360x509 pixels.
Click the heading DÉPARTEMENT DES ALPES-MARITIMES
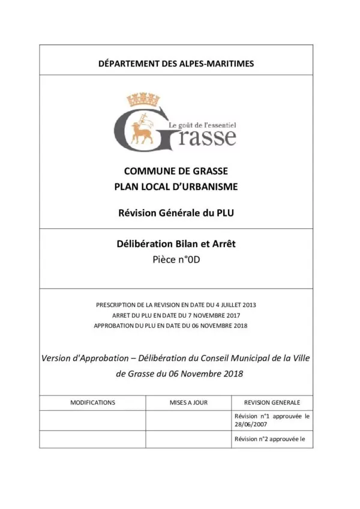(176, 62)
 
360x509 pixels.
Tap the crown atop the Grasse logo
(141, 100)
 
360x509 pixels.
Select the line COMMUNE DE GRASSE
(176, 171)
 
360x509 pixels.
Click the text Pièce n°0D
(176, 260)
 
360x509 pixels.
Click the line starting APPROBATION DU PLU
(170, 326)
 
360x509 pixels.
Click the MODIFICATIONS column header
(92, 402)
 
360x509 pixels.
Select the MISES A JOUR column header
(188, 402)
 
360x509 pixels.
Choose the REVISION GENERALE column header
(272, 402)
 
